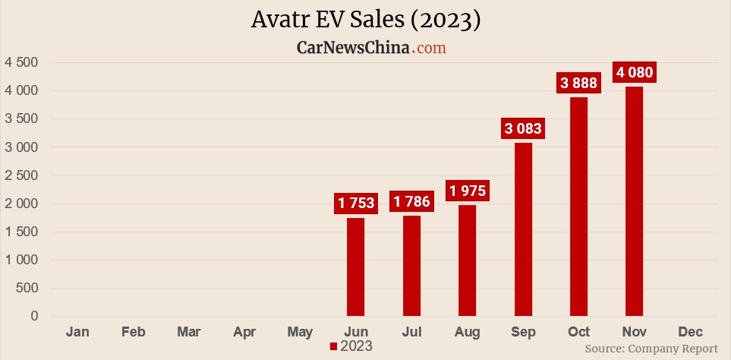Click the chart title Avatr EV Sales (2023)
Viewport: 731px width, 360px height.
tap(365, 21)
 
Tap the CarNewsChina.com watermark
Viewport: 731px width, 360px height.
tap(370, 48)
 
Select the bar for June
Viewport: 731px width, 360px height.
tap(355, 267)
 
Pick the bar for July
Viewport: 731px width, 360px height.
tap(411, 266)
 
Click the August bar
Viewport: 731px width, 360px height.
tap(467, 261)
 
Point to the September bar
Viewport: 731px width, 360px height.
tap(523, 229)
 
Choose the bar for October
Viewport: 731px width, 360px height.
tap(578, 207)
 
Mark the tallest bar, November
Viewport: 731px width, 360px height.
tap(634, 201)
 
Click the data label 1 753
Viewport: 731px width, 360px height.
tap(356, 203)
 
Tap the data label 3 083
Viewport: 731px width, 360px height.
tap(523, 128)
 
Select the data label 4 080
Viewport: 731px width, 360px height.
tap(634, 73)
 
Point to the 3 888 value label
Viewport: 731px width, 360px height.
tap(578, 83)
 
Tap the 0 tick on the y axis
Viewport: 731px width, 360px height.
tap(34, 317)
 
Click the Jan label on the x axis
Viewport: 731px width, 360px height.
tap(77, 332)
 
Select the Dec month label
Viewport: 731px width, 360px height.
tap(690, 332)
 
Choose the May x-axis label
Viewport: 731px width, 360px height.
tap(300, 332)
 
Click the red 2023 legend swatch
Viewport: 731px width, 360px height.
tap(333, 346)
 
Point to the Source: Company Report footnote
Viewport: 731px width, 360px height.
tap(651, 349)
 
